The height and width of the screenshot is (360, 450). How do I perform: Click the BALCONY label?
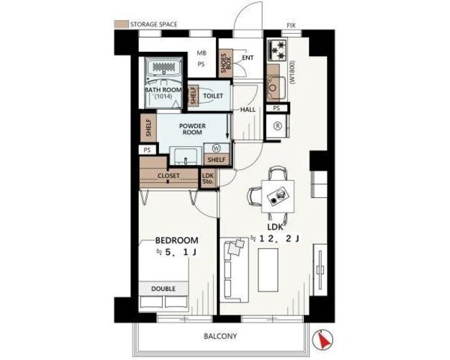[x=220, y=336]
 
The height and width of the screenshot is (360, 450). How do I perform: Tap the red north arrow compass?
[x=322, y=340]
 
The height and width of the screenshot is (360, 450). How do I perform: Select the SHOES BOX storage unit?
[x=225, y=63]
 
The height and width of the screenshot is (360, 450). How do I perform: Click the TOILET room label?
[x=213, y=96]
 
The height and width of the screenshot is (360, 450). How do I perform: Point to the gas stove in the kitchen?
[x=277, y=50]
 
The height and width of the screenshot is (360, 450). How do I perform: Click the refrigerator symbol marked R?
[x=277, y=126]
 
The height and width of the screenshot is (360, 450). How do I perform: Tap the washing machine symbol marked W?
[x=216, y=148]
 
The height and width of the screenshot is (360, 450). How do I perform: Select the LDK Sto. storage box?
[x=208, y=179]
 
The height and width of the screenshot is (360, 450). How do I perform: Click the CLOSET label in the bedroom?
[x=168, y=176]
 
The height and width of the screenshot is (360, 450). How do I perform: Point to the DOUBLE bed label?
[x=163, y=289]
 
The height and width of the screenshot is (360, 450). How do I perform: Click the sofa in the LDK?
[x=234, y=271]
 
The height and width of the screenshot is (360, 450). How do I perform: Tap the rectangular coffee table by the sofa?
[x=268, y=270]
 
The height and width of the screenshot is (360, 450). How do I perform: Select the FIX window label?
[x=291, y=25]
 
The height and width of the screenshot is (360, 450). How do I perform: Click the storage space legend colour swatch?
[x=121, y=24]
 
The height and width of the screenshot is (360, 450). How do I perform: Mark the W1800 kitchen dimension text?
[x=292, y=72]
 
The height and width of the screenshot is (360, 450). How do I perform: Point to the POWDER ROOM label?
[x=192, y=129]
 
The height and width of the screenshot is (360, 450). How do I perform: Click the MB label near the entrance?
[x=202, y=53]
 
